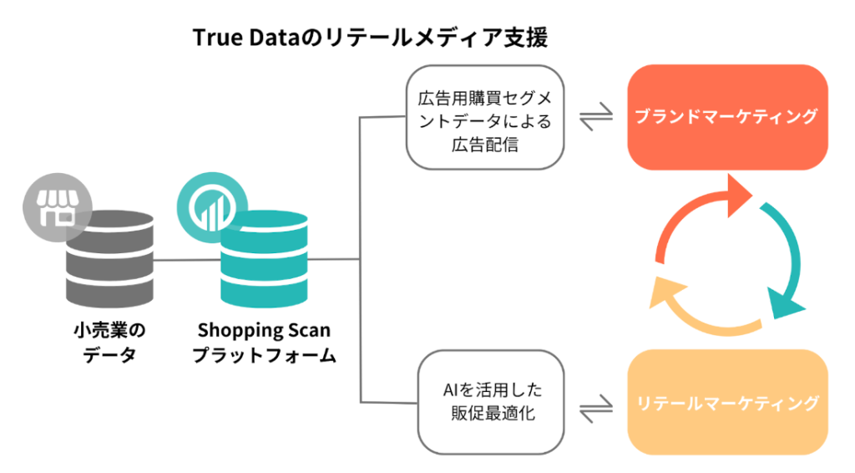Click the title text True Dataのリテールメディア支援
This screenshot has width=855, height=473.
tap(371, 38)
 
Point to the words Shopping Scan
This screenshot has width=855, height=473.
tap(264, 330)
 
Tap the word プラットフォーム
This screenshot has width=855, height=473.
tap(264, 355)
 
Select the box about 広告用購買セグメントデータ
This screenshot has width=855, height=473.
tap(484, 118)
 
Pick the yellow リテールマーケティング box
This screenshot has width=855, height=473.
tap(726, 403)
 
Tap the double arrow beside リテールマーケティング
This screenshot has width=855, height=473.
tap(595, 410)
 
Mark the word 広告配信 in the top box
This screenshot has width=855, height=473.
tap(484, 144)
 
